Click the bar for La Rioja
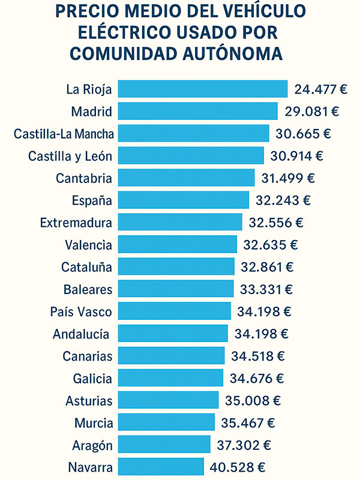203,89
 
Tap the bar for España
183,200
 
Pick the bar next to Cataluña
176,266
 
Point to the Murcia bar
166,422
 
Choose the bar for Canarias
171,355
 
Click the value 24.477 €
321,89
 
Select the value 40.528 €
238,467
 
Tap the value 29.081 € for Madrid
311,112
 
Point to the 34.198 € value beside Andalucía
261,334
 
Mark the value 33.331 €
265,289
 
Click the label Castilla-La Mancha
64,134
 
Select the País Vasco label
82,311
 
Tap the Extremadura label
76,223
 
